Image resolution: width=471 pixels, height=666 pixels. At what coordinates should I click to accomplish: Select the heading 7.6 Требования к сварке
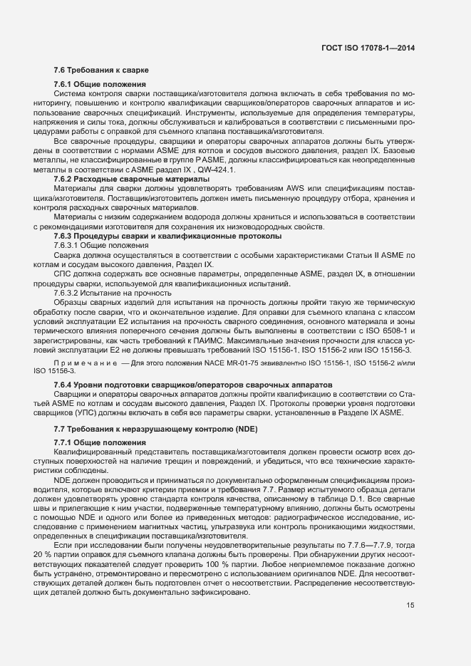coord(100,70)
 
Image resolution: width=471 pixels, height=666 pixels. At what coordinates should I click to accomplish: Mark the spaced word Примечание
coord(86,363)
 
